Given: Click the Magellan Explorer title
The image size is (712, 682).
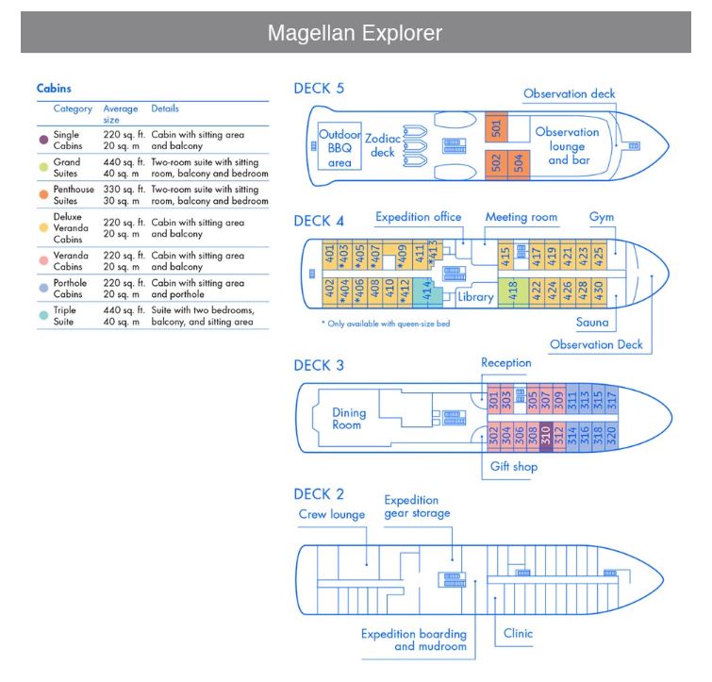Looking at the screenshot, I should click(355, 33).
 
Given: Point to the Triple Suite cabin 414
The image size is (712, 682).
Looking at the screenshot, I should click(425, 291).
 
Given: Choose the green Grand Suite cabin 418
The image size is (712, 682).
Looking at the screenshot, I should click(514, 291).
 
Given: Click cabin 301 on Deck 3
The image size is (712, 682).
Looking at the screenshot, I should click(493, 400).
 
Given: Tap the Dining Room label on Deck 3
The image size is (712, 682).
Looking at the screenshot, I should click(347, 419).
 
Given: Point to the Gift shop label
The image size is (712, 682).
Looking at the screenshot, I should click(513, 466).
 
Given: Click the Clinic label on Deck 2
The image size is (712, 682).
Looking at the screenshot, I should click(519, 633).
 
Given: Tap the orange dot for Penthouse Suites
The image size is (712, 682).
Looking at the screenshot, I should click(43, 194).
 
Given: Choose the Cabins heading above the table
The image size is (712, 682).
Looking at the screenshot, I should click(55, 88).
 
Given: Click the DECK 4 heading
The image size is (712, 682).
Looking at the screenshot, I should click(319, 221).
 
